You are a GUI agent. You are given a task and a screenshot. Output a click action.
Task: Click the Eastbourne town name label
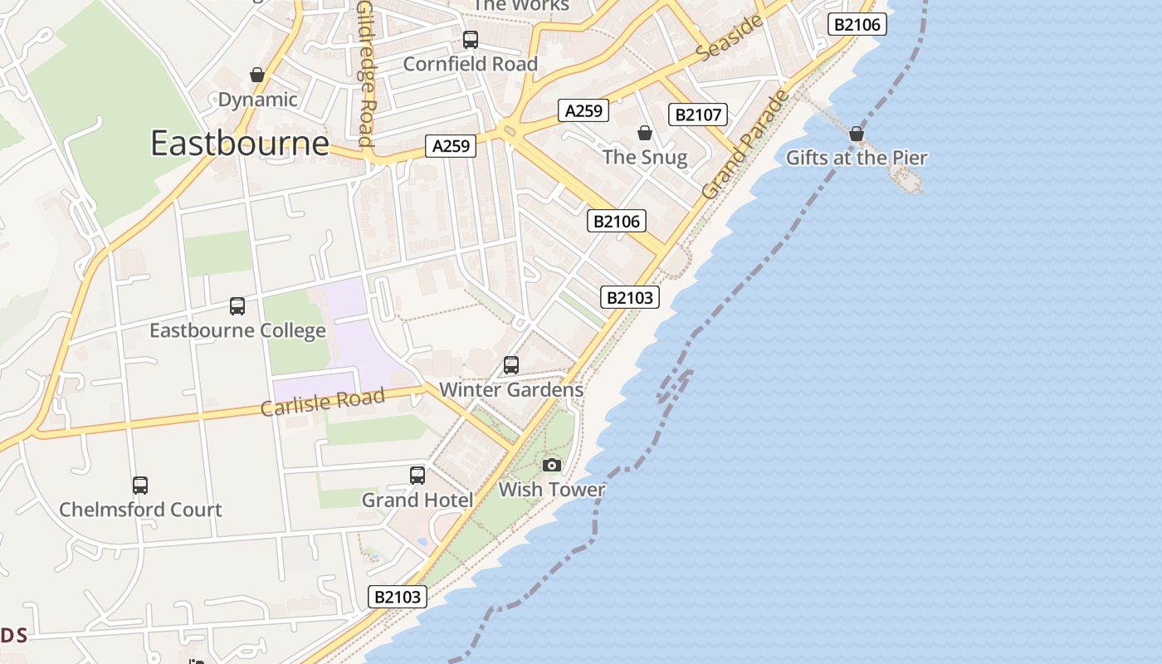tap(240, 144)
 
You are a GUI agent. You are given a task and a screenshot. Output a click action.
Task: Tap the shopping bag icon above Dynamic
tap(257, 75)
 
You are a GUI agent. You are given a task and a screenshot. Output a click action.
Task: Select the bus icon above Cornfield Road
tap(471, 39)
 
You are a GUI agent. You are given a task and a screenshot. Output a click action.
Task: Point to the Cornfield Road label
tap(470, 64)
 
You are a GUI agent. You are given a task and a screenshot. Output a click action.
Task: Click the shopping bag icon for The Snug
tap(644, 133)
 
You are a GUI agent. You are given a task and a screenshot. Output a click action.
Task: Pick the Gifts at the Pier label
tap(857, 158)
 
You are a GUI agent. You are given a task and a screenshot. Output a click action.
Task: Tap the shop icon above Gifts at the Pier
tap(857, 134)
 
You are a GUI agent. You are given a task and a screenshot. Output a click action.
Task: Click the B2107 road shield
tap(698, 115)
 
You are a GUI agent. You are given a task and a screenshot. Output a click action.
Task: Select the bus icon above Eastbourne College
tap(237, 306)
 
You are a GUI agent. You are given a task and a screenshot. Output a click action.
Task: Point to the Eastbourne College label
tap(237, 330)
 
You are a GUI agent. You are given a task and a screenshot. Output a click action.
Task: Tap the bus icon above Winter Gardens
tap(511, 365)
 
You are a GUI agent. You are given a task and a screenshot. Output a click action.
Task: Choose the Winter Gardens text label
tap(511, 389)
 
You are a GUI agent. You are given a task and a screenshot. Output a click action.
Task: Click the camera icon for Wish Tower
tap(552, 465)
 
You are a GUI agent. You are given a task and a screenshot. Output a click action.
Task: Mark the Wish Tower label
tap(552, 490)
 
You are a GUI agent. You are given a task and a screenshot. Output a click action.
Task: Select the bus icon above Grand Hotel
tap(417, 476)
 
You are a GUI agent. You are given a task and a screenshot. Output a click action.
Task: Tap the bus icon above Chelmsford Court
tap(140, 486)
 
